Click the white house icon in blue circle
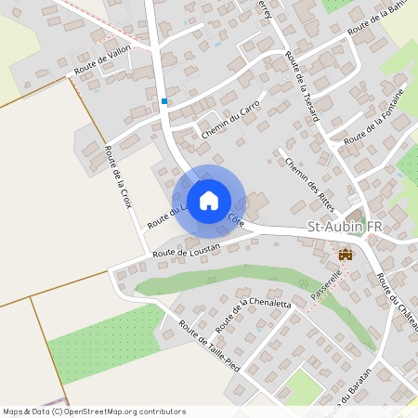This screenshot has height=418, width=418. coord(209,200)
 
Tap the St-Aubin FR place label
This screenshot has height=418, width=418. coord(345,228)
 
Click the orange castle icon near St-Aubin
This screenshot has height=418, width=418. coord(347,253)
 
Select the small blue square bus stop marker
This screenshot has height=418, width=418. coord(164,101)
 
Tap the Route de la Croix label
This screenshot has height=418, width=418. coord(119,180)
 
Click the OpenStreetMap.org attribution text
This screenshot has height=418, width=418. coord(130,411)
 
